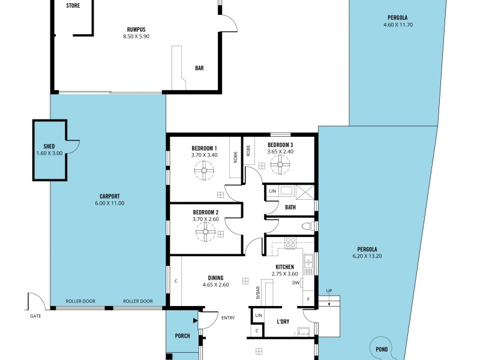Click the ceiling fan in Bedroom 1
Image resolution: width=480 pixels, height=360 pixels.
click(x=204, y=172)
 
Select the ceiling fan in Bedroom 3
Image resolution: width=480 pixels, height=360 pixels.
click(x=280, y=164)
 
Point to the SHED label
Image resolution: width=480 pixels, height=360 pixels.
click(x=49, y=146)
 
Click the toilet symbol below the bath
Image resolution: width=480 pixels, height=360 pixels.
click(x=306, y=226)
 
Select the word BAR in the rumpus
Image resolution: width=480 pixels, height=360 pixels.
click(x=199, y=68)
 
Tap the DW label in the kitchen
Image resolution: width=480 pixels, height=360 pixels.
click(x=295, y=283)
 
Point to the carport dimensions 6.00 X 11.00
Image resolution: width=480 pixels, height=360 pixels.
click(x=109, y=203)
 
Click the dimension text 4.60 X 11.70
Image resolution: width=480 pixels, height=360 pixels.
click(x=398, y=25)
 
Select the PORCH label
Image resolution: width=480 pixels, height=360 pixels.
click(x=182, y=336)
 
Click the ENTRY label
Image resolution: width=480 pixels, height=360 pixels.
click(x=228, y=318)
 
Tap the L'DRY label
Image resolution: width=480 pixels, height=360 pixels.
click(x=283, y=322)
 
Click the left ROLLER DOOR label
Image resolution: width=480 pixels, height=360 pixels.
click(x=80, y=301)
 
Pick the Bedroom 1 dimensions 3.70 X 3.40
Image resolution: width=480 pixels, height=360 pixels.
click(x=204, y=155)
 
